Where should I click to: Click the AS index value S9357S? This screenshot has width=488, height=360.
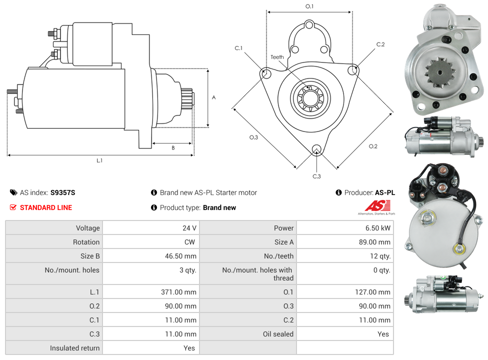pyautogui.click(x=63, y=192)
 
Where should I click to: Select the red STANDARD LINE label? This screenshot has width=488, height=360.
pyautogui.click(x=45, y=207)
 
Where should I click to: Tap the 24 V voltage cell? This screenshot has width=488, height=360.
pyautogui.click(x=189, y=228)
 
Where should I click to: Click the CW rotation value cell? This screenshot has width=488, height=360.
pyautogui.click(x=191, y=242)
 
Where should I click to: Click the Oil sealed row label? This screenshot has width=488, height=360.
pyautogui.click(x=278, y=334)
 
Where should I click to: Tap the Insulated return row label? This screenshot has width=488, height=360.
pyautogui.click(x=74, y=348)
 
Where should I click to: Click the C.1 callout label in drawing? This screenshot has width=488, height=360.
pyautogui.click(x=238, y=48)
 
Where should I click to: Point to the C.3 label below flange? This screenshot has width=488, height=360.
pyautogui.click(x=316, y=176)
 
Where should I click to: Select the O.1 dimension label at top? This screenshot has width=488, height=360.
pyautogui.click(x=309, y=6)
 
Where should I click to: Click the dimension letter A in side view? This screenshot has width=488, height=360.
pyautogui.click(x=214, y=97)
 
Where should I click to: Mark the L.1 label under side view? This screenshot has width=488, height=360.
pyautogui.click(x=99, y=160)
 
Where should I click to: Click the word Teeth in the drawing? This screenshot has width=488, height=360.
pyautogui.click(x=277, y=57)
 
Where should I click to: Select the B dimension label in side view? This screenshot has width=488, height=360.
pyautogui.click(x=173, y=147)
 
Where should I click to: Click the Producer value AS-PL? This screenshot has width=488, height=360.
pyautogui.click(x=384, y=192)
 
